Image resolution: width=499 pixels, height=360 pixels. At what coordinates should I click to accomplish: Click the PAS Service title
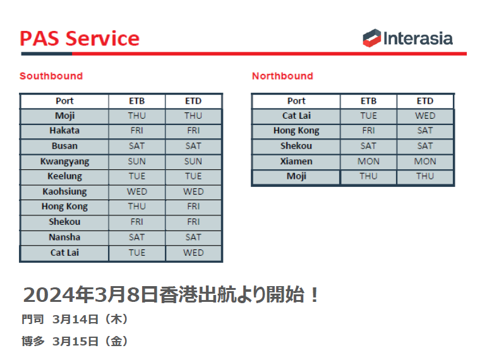tap(80, 39)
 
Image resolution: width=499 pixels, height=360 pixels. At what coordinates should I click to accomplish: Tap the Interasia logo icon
tap(371, 39)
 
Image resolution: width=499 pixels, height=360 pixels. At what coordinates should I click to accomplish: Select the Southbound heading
tap(51, 76)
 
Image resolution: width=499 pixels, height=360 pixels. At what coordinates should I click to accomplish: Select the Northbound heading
tap(282, 76)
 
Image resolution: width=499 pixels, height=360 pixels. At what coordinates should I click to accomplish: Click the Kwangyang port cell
tap(64, 161)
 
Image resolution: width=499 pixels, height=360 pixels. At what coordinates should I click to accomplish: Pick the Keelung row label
tap(64, 176)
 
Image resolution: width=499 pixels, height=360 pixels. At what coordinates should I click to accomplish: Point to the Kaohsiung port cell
tap(64, 191)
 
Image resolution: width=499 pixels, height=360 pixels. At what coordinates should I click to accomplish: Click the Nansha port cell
tap(64, 237)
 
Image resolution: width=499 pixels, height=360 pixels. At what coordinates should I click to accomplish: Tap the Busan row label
tap(64, 146)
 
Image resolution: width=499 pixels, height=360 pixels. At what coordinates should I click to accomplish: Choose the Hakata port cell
tap(64, 131)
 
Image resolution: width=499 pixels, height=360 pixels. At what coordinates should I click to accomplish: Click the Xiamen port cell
tap(296, 161)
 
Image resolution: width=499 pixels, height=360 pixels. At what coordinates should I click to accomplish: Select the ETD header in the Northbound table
tap(425, 101)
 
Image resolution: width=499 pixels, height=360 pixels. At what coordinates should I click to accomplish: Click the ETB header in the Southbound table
tap(137, 101)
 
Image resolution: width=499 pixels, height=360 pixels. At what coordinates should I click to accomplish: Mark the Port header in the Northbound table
tap(296, 101)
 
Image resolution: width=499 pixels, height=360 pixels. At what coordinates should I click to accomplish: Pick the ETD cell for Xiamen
tap(425, 161)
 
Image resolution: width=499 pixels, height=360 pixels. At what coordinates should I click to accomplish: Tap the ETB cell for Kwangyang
tap(137, 161)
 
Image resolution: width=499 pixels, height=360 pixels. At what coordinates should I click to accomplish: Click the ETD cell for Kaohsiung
tap(193, 191)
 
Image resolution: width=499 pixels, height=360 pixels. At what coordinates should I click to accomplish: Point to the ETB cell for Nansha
tap(137, 237)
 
